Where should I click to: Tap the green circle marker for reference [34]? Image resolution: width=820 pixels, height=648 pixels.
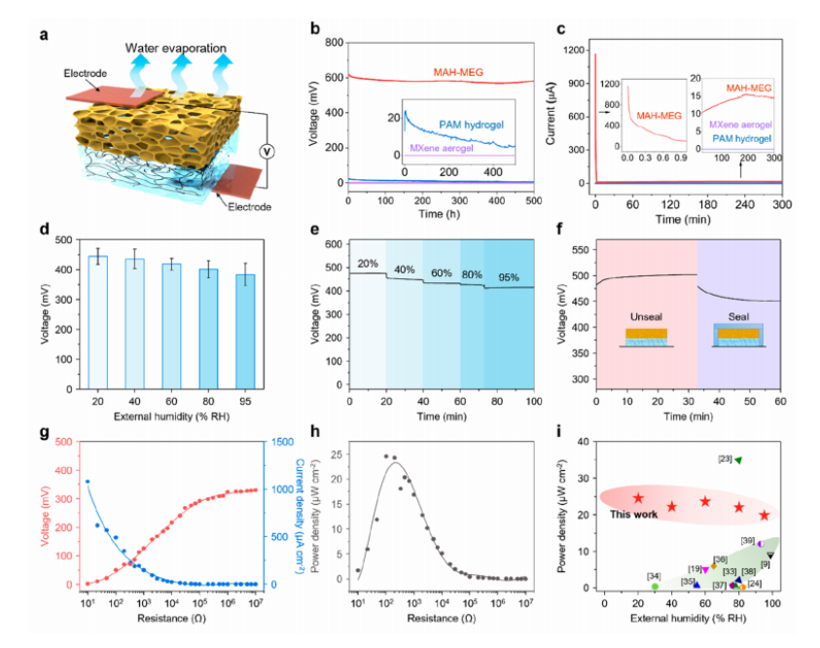coord(656,587)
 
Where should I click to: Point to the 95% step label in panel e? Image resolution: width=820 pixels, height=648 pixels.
coord(510,278)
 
